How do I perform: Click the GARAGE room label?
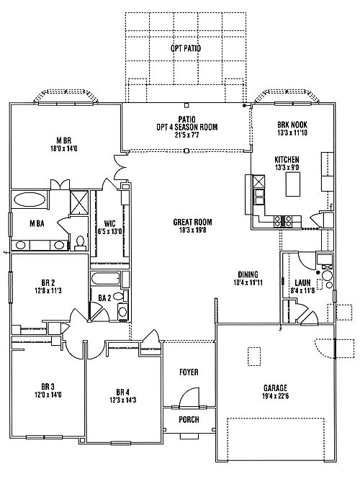[x=275, y=388]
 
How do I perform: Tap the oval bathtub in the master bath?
[x=30, y=200]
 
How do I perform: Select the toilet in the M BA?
[x=80, y=243]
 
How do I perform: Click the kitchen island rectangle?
[x=292, y=184]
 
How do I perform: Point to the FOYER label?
[x=189, y=372]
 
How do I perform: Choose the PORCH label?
[x=189, y=420]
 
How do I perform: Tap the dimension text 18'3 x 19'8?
[x=192, y=230]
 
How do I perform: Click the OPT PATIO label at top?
[x=186, y=48]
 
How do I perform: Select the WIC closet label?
[x=109, y=223]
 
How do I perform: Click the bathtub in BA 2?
[x=106, y=279]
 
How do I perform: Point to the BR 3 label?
[x=48, y=387]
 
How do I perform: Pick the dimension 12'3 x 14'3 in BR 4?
[x=122, y=400]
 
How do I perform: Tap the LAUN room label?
[x=302, y=282]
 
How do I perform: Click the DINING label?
[x=248, y=274]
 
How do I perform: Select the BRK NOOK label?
[x=292, y=125]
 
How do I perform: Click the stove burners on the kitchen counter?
[x=283, y=221]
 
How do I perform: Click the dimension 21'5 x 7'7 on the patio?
[x=187, y=135]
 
